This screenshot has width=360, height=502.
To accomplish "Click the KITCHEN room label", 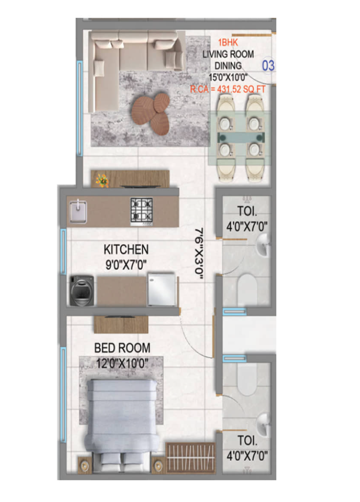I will tap(126, 250).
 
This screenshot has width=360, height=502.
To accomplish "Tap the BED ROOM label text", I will tap(122, 348).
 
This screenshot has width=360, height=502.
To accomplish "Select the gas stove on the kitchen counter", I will tap(141, 211).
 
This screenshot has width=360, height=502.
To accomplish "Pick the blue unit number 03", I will tap(268, 66).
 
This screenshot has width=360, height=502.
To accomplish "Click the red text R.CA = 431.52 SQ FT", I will tap(227, 88).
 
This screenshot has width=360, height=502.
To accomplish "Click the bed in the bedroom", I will tap(121, 421).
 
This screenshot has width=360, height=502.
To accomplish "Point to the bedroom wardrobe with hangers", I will tap(191, 458).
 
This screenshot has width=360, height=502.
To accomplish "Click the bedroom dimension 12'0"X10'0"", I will tap(122, 363).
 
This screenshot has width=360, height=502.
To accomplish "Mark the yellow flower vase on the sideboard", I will tap(102, 180).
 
